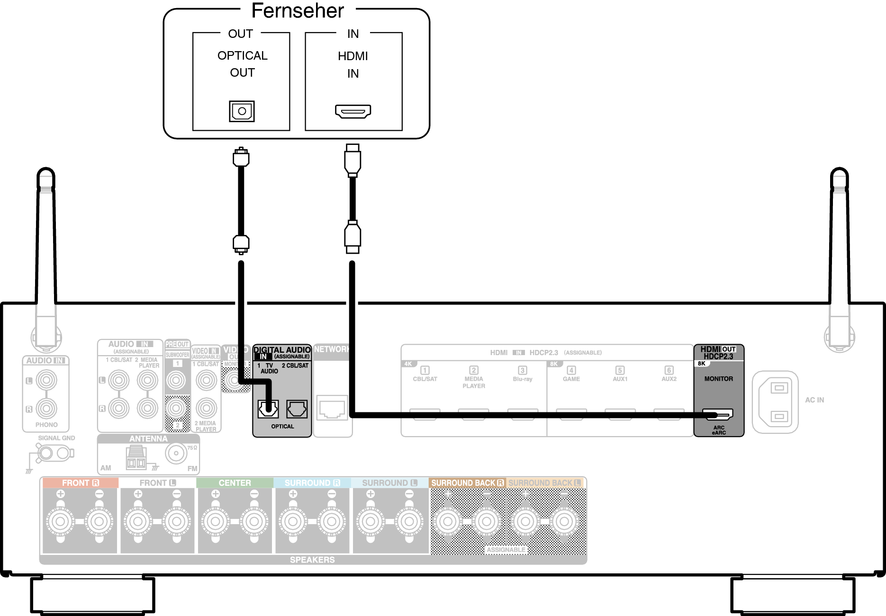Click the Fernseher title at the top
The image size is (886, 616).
pyautogui.click(x=298, y=11)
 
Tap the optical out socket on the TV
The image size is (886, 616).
pyautogui.click(x=242, y=111)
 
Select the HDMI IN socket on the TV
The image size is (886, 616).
pyautogui.click(x=353, y=111)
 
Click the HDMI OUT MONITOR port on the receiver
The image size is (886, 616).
pyautogui.click(x=717, y=414)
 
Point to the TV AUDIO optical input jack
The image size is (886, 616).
pyautogui.click(x=268, y=409)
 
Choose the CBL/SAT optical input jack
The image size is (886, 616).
pyautogui.click(x=297, y=409)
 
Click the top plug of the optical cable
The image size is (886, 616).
pyautogui.click(x=241, y=157)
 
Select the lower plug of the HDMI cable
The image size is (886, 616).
pyautogui.click(x=353, y=237)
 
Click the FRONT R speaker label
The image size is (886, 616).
pyautogui.click(x=80, y=483)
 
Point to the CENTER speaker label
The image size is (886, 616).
pyautogui.click(x=235, y=483)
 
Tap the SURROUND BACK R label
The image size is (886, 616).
pyautogui.click(x=467, y=483)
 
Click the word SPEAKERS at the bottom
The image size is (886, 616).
pyautogui.click(x=312, y=560)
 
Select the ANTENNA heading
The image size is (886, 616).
pyautogui.click(x=148, y=439)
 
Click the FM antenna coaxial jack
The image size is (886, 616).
pyautogui.click(x=176, y=453)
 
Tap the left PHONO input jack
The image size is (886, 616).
pyautogui.click(x=46, y=380)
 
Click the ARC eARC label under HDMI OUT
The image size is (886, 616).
pyautogui.click(x=719, y=430)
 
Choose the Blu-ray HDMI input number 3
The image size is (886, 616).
pyautogui.click(x=523, y=371)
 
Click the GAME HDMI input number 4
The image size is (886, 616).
pyautogui.click(x=571, y=371)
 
